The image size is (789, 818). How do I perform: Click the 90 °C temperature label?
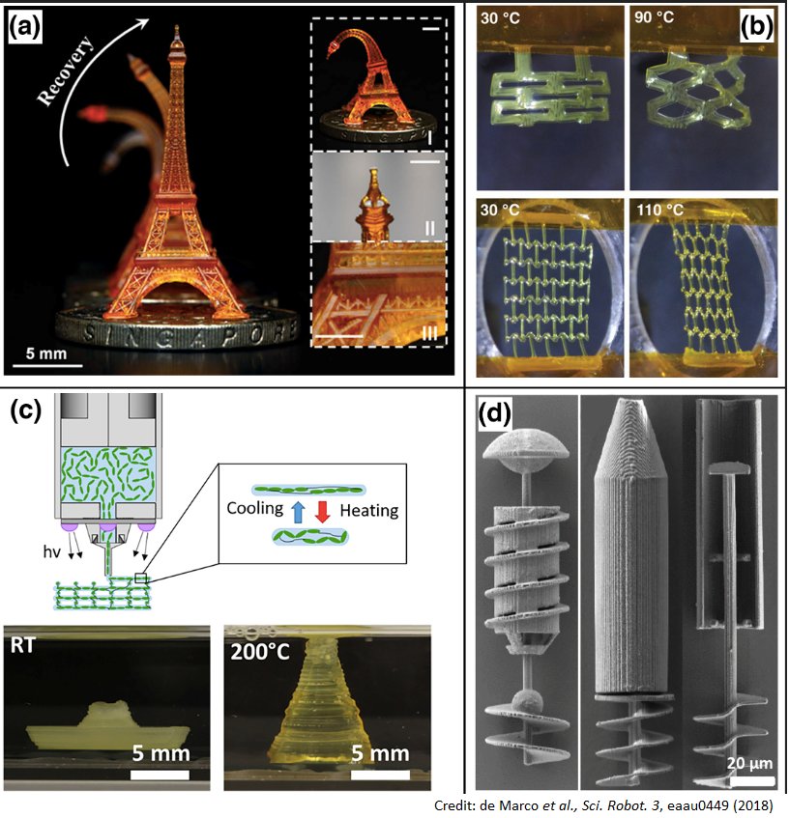654,19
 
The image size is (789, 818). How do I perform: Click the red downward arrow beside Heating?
322,510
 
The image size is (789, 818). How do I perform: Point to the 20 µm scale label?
746,762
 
